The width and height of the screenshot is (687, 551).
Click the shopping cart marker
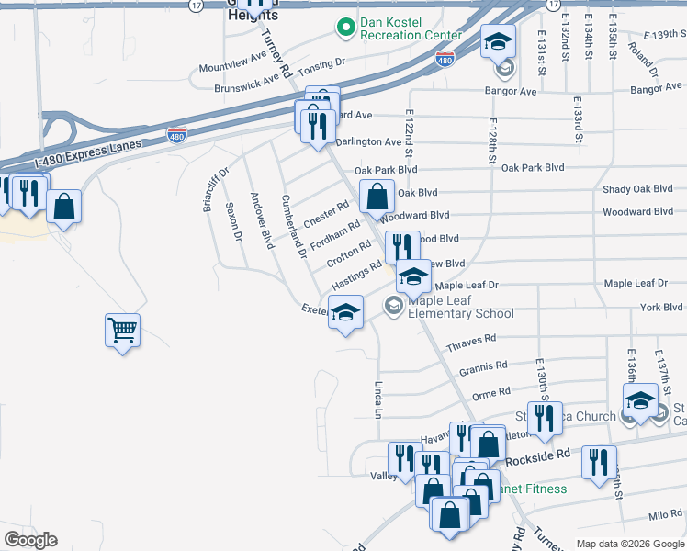122,329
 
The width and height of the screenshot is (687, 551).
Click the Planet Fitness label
532,488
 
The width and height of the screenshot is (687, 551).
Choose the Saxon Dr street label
233,222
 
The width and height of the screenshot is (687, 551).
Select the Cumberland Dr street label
294,225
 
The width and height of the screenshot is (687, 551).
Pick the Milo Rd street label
665,514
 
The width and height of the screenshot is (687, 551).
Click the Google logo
30,540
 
